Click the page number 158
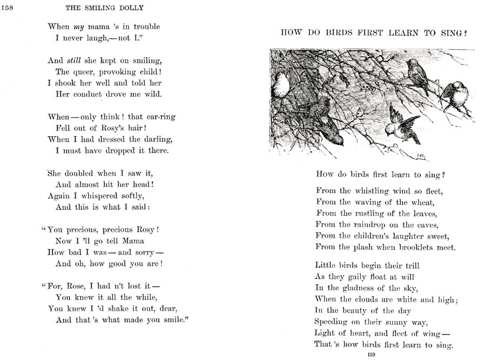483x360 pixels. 8,7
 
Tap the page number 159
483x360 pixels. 371,355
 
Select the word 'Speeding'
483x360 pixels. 334,322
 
